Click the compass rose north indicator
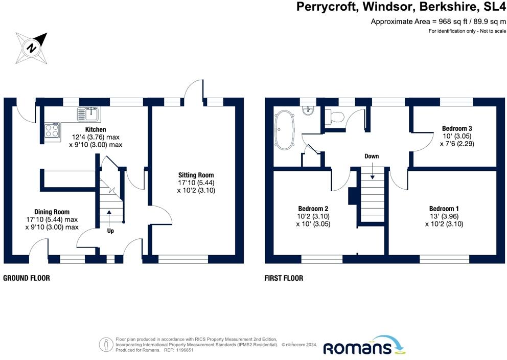tap(32, 48)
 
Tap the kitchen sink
tap(89, 114)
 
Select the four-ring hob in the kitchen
tap(52, 131)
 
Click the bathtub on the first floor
tap(284, 130)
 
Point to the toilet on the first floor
tap(334, 117)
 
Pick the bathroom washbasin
tap(308, 111)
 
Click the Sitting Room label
tap(196, 175)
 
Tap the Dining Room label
tap(52, 212)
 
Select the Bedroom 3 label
tap(457, 128)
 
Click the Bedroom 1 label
tap(444, 209)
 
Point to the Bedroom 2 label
tap(313, 209)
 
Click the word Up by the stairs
tap(110, 231)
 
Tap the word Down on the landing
tap(372, 156)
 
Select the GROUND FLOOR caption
tap(27, 278)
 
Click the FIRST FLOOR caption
tap(284, 278)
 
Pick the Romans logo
tap(364, 345)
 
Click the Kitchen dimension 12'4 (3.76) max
tap(96, 137)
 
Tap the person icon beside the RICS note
tap(106, 345)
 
